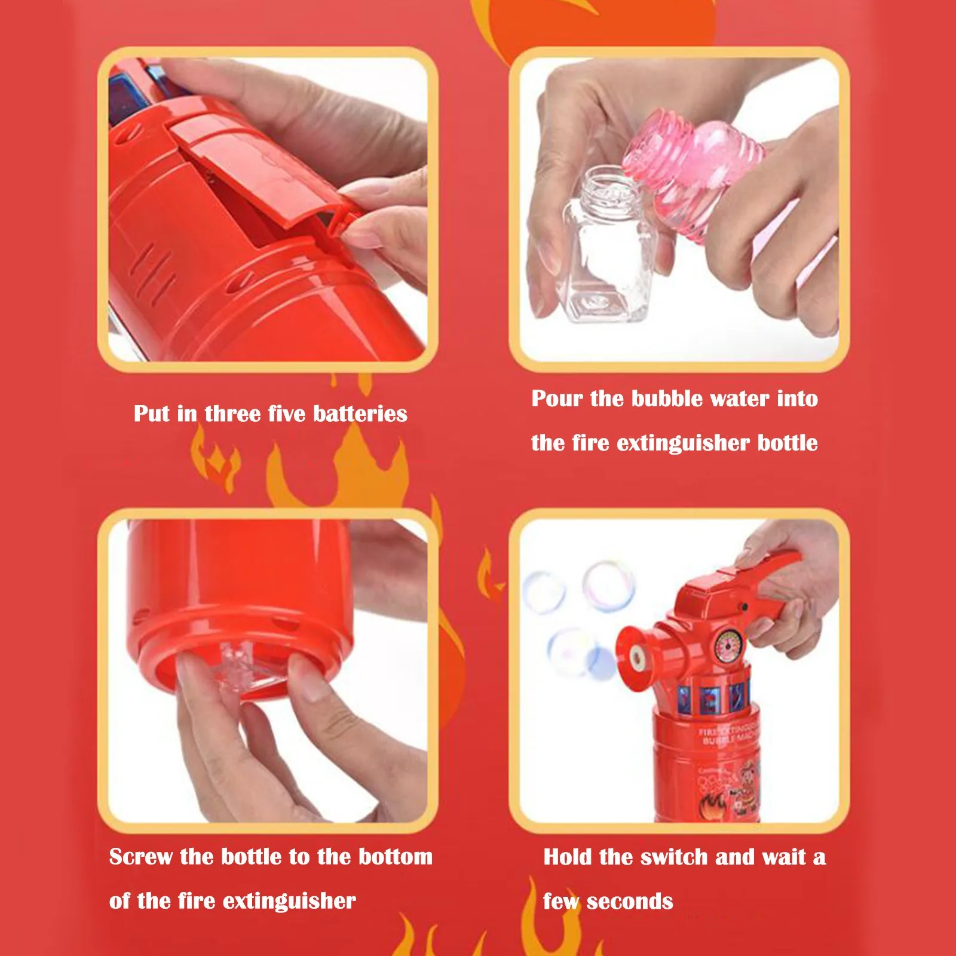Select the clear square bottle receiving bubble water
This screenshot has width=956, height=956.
coord(606,251)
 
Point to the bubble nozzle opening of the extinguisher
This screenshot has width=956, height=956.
coord(638,658)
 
